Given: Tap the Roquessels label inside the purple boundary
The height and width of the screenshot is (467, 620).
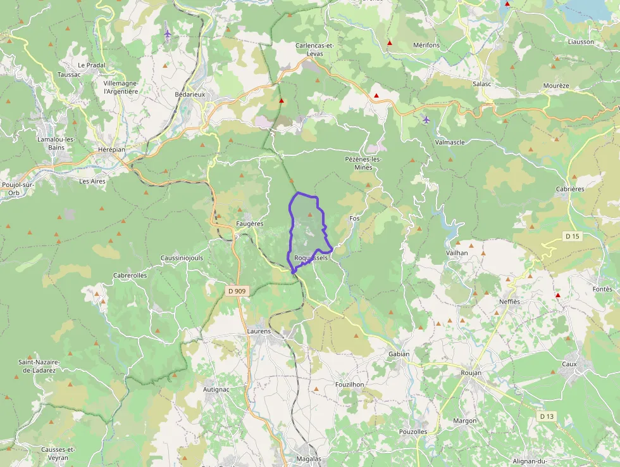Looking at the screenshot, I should click(311, 258).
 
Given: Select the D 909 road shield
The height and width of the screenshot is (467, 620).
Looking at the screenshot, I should click(237, 291).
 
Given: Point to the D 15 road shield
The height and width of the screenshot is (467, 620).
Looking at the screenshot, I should click(572, 236).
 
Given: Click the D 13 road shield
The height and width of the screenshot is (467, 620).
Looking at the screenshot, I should click(547, 416).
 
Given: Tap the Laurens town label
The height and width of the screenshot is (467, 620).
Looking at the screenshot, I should click(259, 331).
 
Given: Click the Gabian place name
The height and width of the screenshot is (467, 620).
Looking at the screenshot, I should click(399, 354).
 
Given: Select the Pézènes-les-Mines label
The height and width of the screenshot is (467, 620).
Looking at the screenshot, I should click(364, 163).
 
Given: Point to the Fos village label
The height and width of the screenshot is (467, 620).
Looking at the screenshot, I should click(354, 218).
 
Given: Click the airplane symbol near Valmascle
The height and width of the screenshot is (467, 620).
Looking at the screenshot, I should click(426, 119).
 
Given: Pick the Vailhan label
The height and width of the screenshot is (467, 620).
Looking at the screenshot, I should click(456, 252).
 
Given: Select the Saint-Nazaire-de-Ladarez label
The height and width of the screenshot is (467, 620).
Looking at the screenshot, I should click(39, 366).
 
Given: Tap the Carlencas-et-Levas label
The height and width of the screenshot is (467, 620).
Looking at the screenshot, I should click(314, 49).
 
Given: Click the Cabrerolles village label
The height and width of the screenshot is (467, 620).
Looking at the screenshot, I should click(130, 275).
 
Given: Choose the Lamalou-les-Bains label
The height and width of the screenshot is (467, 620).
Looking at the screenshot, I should click(56, 143).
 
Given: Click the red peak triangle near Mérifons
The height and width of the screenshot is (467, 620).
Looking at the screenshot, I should click(390, 43).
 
